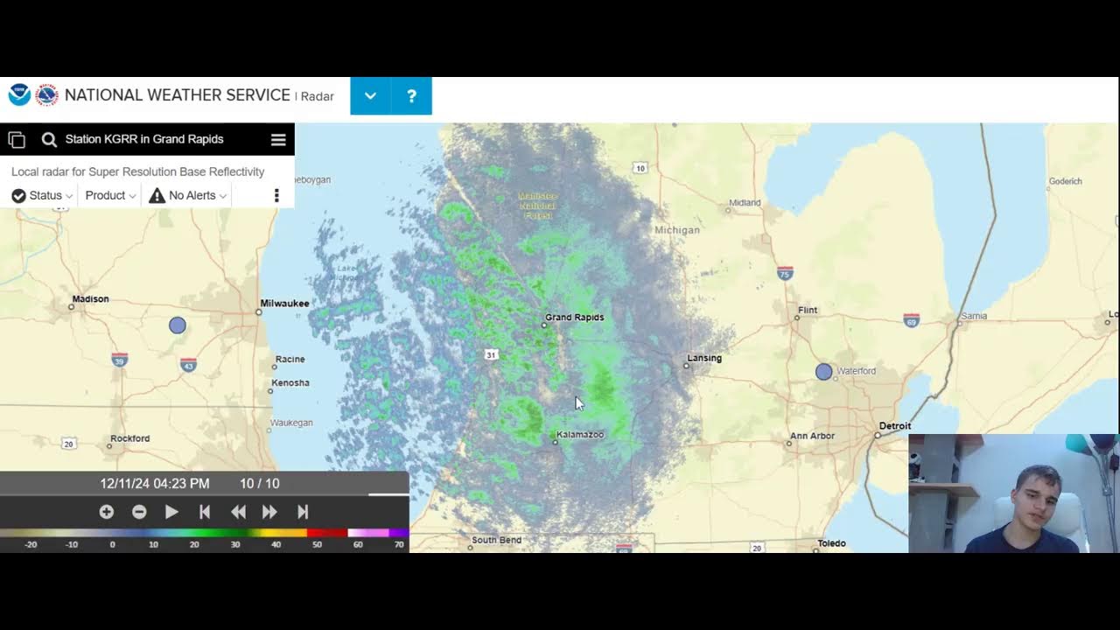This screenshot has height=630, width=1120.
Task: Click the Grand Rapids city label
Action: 574,318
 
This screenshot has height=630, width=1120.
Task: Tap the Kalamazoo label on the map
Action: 580,435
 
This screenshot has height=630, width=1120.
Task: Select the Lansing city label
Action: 704,358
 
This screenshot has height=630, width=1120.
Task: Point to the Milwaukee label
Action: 284,304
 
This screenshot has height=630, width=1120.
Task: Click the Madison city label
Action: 90,299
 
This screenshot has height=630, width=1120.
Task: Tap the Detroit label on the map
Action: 894,426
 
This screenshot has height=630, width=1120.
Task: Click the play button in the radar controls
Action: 171,512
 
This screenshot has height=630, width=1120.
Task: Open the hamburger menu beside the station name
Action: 278,140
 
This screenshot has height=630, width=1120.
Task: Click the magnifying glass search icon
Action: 49,140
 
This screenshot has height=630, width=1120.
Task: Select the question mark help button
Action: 411,96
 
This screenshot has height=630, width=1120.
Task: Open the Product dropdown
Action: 110,196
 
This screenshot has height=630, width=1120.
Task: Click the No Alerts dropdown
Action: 188,196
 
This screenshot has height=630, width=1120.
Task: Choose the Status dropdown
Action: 42,196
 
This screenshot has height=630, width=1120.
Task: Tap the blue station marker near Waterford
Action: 823,372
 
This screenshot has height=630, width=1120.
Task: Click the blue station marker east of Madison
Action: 178,325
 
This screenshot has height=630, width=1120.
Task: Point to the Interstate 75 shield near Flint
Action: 785,274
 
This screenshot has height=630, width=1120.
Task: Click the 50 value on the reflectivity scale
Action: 317,544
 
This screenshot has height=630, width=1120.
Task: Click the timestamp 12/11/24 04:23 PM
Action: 155,484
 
